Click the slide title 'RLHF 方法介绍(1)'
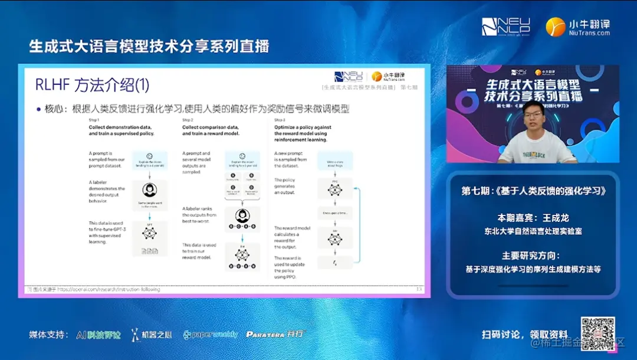coord(93,85)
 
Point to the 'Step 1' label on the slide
coord(94,120)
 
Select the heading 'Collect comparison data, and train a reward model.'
coord(211,130)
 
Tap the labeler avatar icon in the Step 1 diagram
coord(150,191)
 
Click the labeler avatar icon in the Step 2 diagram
coord(242,215)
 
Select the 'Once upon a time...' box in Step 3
coord(334,213)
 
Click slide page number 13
coord(419,289)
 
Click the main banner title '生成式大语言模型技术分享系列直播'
coord(149,46)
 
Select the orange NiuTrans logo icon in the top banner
coord(555,27)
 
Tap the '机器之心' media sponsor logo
coord(152,335)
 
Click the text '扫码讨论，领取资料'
coord(524,335)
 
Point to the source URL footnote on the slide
coord(94,290)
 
